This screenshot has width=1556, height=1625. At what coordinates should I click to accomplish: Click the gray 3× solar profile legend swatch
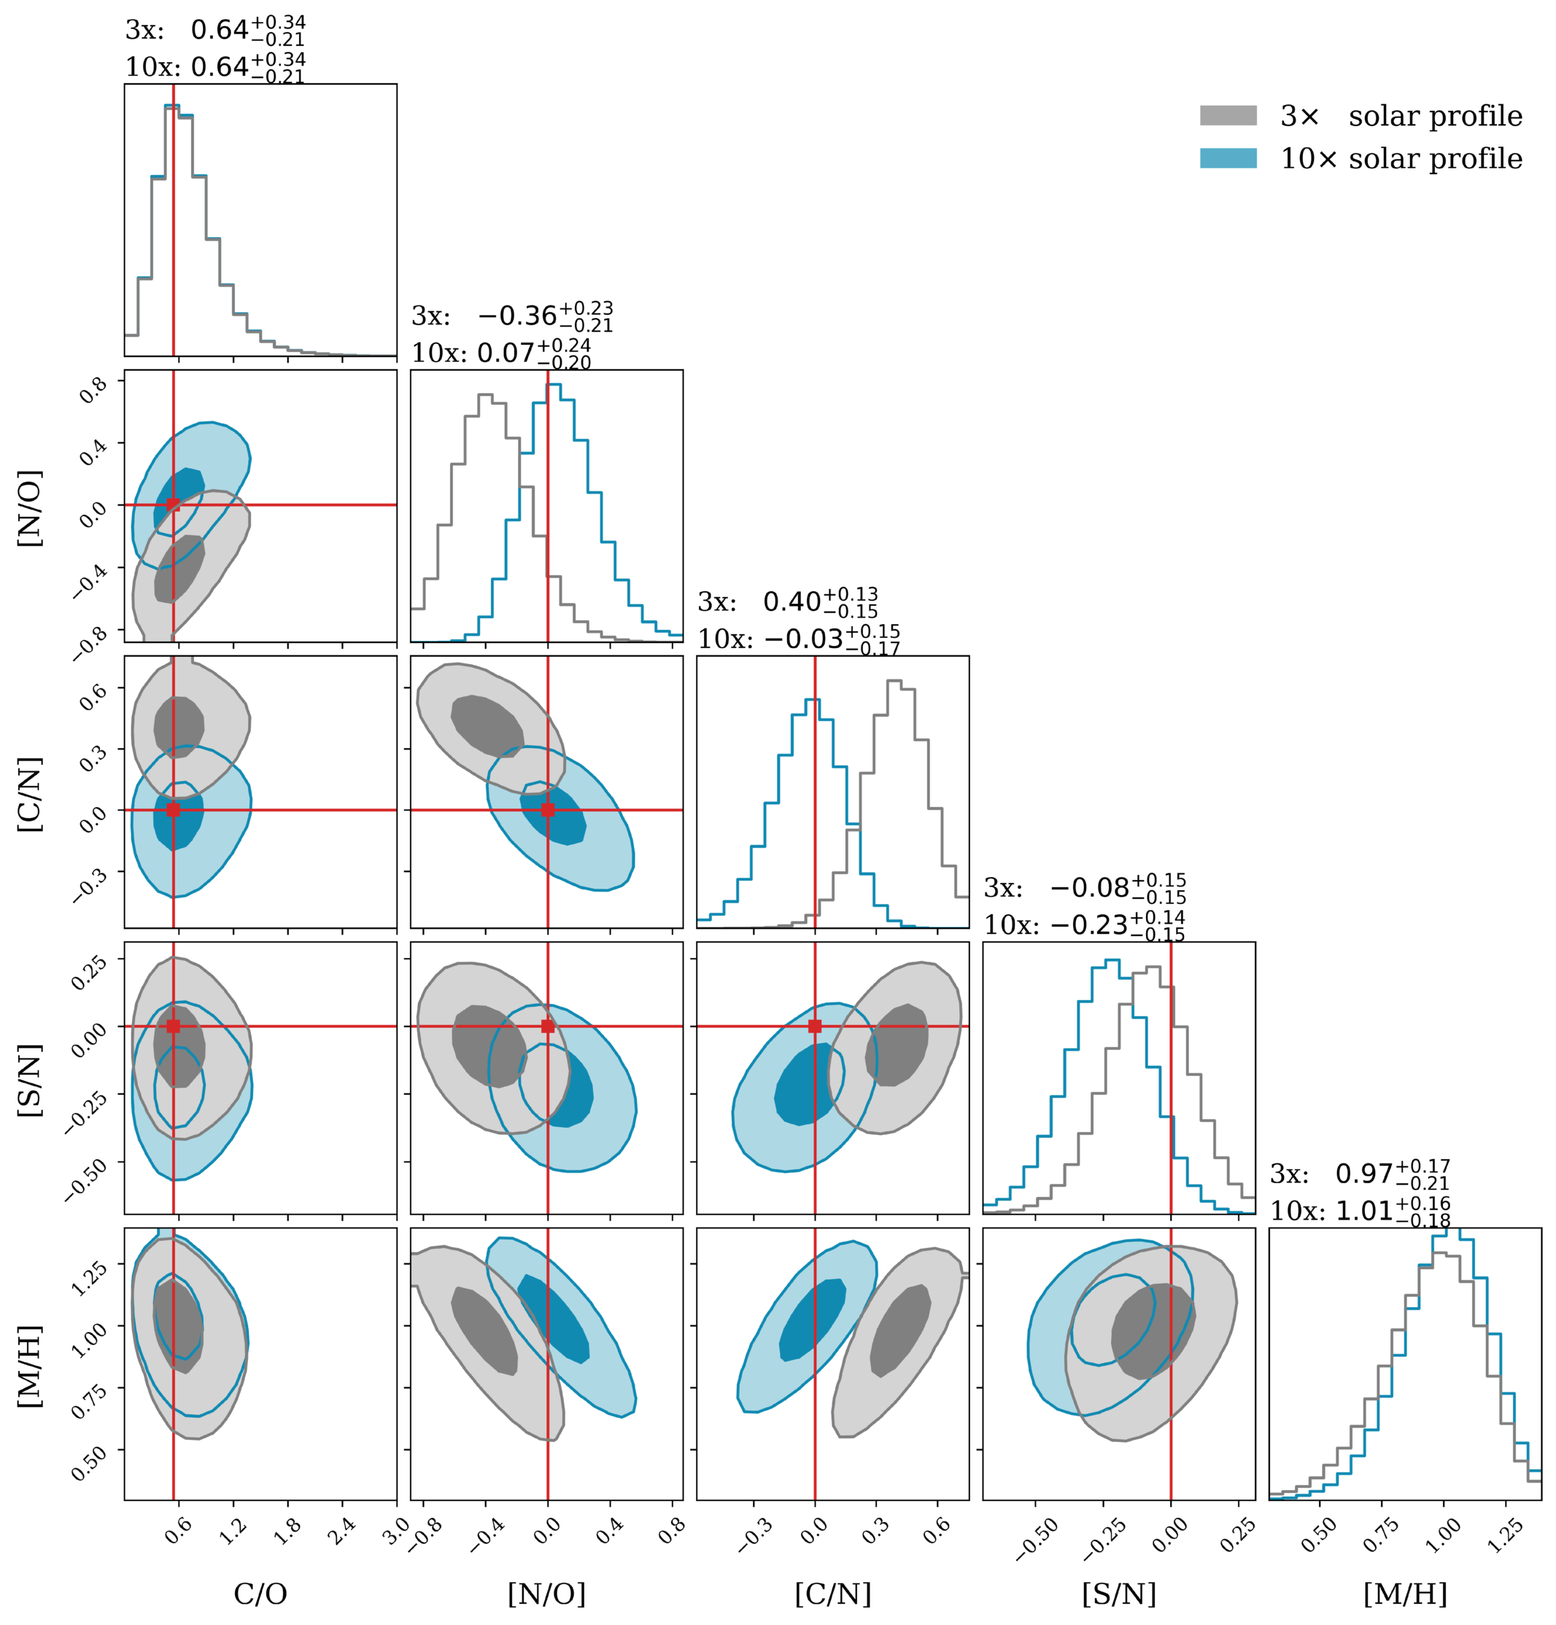click(1228, 115)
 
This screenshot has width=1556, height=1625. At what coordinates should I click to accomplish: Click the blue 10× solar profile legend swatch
click(1228, 158)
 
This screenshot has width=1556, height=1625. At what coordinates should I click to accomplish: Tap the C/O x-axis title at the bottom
click(260, 1594)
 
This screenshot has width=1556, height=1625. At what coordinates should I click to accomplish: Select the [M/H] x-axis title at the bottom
click(1405, 1594)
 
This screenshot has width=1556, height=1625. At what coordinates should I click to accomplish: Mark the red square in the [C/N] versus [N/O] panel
click(547, 810)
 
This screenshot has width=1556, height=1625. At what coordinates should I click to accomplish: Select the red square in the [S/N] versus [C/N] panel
click(815, 1026)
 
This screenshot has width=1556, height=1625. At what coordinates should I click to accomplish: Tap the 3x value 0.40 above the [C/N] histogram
click(792, 602)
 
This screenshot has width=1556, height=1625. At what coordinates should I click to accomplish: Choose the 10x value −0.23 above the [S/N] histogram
click(1088, 924)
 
